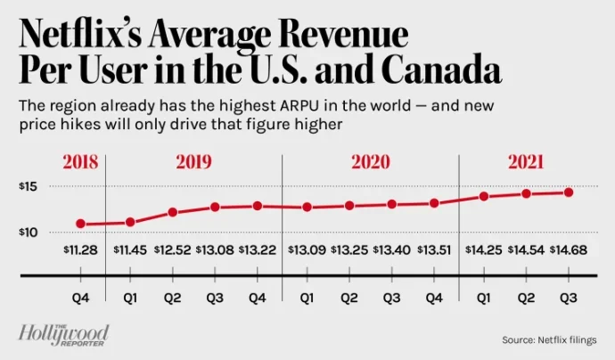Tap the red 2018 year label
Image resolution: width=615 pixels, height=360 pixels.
pyautogui.click(x=79, y=164)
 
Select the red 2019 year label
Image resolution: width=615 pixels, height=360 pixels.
pyautogui.click(x=194, y=164)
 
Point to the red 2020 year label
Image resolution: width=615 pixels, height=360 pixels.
pyautogui.click(x=371, y=164)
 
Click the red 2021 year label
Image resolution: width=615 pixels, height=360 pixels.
pyautogui.click(x=526, y=164)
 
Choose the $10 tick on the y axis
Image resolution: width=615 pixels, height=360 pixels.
pyautogui.click(x=28, y=233)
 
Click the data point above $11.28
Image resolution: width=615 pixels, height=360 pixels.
pyautogui.click(x=80, y=224)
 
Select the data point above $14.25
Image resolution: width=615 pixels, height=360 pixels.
pyautogui.click(x=483, y=196)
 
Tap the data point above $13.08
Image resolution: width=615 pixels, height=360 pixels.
pyautogui.click(x=215, y=207)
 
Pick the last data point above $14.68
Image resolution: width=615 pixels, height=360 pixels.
pyautogui.click(x=569, y=192)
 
